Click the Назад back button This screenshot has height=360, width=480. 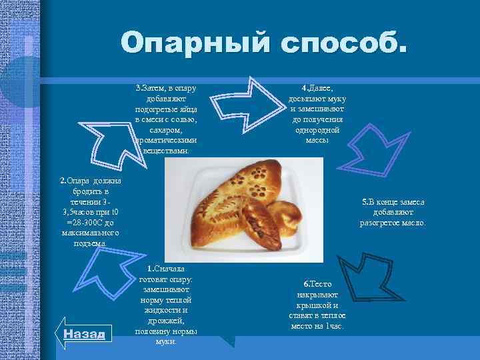tap(84, 334)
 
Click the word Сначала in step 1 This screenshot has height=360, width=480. tap(169, 269)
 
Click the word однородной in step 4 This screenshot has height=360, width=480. tap(316, 130)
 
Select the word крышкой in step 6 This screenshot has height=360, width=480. tap(317, 305)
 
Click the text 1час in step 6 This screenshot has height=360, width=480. tap(334, 326)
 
